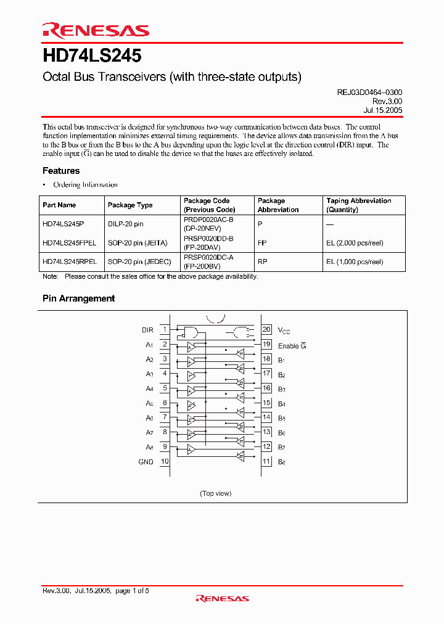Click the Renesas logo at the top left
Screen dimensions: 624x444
click(x=95, y=31)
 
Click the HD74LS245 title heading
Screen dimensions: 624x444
click(x=92, y=56)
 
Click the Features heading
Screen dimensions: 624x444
click(x=61, y=171)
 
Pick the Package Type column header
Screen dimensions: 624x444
click(x=130, y=205)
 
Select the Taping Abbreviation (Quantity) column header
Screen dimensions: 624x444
click(x=358, y=205)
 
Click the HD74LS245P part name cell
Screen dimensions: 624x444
click(x=64, y=224)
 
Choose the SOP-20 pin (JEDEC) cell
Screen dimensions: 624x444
click(x=139, y=261)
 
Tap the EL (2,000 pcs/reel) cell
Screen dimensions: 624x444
click(x=355, y=243)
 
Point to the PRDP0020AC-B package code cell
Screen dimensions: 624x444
click(x=208, y=220)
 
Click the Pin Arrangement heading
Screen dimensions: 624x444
click(x=78, y=298)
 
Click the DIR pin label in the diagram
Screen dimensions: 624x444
click(x=147, y=330)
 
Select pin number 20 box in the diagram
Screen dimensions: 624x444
click(x=266, y=330)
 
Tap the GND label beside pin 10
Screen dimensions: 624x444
click(x=146, y=461)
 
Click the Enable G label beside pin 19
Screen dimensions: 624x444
click(x=292, y=346)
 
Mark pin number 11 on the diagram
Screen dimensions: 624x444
click(x=266, y=461)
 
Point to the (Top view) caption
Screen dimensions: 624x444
click(x=216, y=493)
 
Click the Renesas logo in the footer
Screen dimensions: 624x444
click(x=222, y=598)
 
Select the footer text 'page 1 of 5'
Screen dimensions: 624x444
click(x=132, y=591)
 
